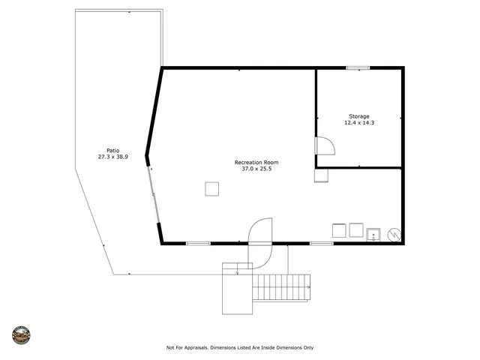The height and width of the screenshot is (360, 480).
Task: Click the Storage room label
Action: [x=358, y=116]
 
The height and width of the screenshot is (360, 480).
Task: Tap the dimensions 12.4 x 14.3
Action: [x=358, y=123]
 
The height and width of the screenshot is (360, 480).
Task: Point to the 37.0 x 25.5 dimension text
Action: [x=256, y=169]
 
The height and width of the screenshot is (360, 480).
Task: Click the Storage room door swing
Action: [x=323, y=145]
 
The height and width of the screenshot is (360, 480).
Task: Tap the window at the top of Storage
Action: [x=358, y=68]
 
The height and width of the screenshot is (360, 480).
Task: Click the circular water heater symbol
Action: [x=394, y=234]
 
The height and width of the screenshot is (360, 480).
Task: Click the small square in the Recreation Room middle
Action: [x=212, y=189]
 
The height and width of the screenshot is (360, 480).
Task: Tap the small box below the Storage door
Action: [x=321, y=175]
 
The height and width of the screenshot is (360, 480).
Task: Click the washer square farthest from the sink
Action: [x=339, y=231]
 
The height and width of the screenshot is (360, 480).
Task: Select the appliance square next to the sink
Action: [x=355, y=231]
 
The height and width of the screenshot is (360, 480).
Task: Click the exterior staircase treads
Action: [x=282, y=286]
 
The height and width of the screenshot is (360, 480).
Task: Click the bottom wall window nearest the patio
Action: [x=197, y=244]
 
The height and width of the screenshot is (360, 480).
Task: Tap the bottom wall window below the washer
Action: [x=322, y=244]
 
